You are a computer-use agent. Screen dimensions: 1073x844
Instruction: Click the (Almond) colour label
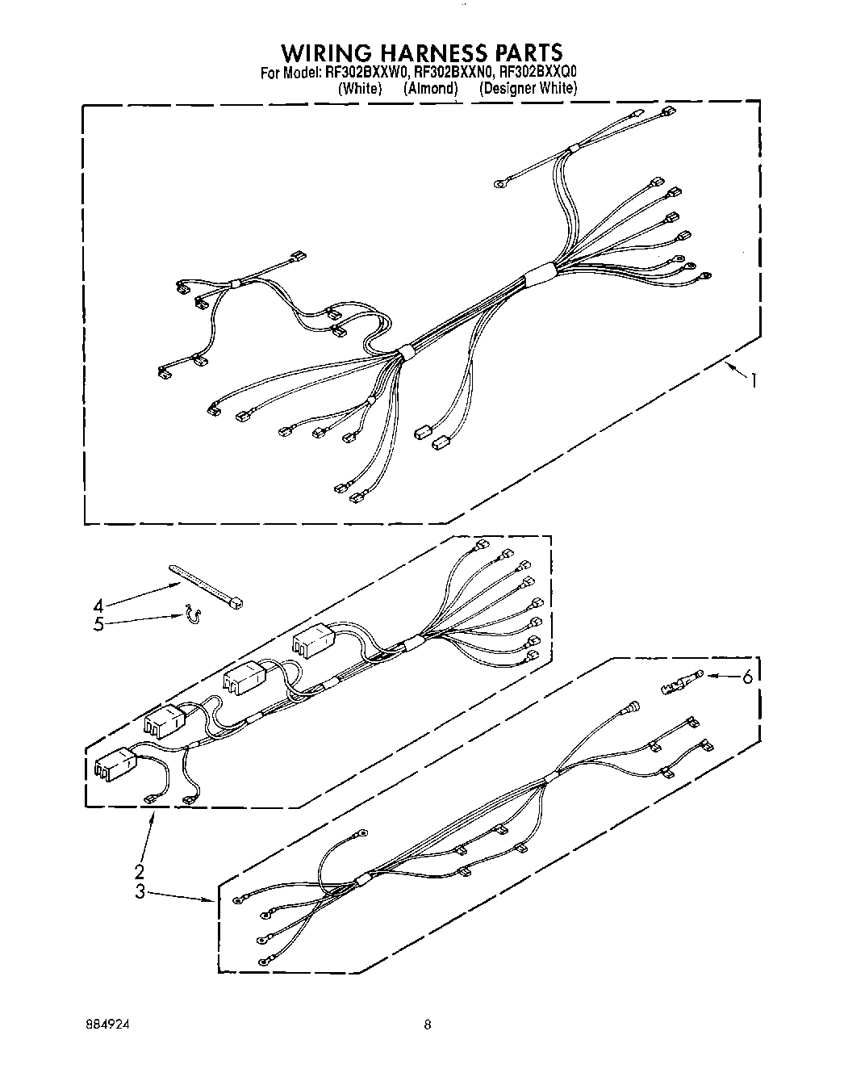pos(430,89)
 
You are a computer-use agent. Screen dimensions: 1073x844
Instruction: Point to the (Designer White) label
pos(528,89)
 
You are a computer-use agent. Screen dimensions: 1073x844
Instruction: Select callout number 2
pos(139,871)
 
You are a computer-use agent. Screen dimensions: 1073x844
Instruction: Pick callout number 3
pos(139,891)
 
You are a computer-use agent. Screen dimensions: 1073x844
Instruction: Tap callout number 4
pos(98,606)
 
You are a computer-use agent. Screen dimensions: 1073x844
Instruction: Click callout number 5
pos(98,624)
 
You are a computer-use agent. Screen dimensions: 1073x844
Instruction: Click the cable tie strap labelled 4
pos(207,585)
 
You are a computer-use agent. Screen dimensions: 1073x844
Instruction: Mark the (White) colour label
pos(360,89)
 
